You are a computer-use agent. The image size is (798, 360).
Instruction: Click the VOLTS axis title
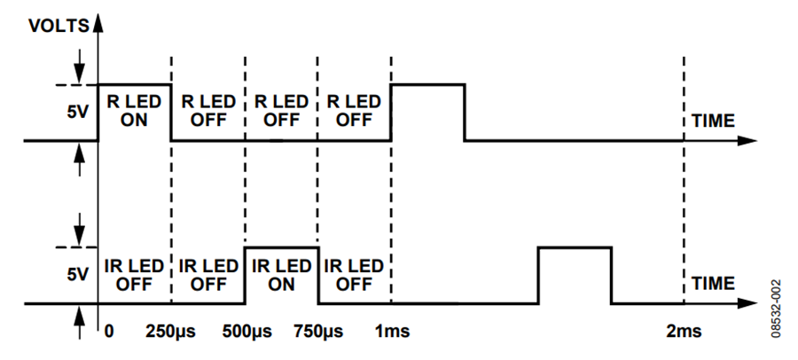[59, 27]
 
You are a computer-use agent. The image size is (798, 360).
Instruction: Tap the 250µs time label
[170, 332]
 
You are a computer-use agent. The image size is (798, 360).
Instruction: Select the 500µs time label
[246, 332]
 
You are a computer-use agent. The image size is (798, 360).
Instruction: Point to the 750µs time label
[318, 332]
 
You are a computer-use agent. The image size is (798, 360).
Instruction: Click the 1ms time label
[392, 332]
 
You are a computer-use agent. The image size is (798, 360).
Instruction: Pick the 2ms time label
[684, 332]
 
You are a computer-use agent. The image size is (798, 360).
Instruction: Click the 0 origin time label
[108, 332]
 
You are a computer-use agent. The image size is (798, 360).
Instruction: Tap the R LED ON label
[134, 112]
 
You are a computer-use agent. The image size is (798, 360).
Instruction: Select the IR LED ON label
[281, 275]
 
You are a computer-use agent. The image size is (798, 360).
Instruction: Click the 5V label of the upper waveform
[76, 112]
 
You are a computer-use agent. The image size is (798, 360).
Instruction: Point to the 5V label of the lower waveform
[76, 275]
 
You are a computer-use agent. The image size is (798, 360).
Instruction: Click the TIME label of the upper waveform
[713, 121]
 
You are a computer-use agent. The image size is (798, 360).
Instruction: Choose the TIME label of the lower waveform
[713, 283]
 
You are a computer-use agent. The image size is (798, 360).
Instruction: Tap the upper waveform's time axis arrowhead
[745, 140]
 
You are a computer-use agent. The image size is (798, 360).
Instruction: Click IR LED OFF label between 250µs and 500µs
[208, 275]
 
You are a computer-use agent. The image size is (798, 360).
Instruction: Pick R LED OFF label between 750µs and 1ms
[354, 112]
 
